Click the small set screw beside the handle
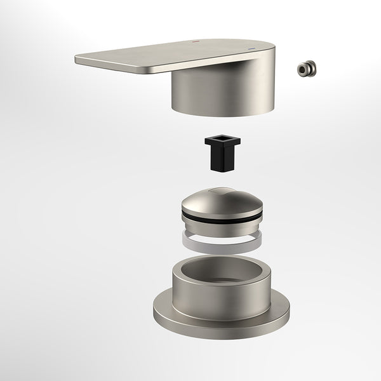(309, 68)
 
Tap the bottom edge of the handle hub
(210, 113)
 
